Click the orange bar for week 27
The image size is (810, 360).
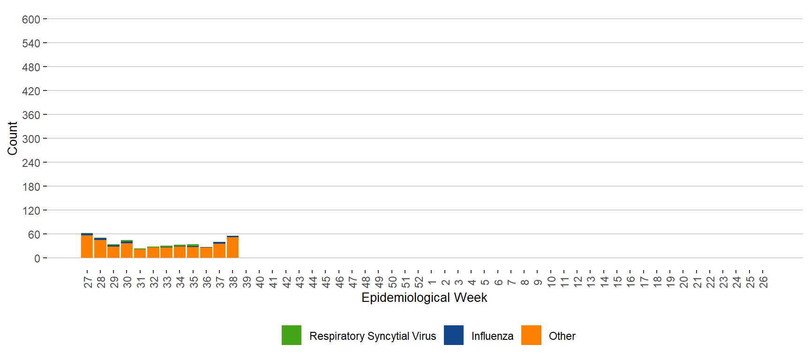(87, 247)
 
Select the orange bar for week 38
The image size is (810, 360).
(232, 247)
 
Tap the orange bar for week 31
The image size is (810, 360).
(140, 253)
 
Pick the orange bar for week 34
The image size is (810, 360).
(180, 252)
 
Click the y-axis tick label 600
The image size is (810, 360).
(31, 20)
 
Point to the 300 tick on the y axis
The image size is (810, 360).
(31, 139)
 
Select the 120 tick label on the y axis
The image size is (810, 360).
(31, 211)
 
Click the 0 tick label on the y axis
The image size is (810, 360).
(37, 259)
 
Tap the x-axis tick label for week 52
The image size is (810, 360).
(419, 282)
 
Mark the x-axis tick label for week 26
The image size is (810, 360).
(763, 282)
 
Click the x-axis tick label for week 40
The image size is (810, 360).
(260, 282)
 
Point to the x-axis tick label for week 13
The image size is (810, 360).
(591, 282)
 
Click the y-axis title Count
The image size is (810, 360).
(13, 138)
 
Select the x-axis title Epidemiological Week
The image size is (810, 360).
(424, 298)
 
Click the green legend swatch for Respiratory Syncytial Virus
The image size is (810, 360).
(292, 335)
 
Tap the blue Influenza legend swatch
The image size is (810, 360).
(454, 335)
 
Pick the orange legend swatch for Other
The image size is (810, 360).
(531, 335)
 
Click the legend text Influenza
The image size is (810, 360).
(492, 336)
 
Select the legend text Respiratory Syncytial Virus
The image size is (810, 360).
(373, 336)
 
